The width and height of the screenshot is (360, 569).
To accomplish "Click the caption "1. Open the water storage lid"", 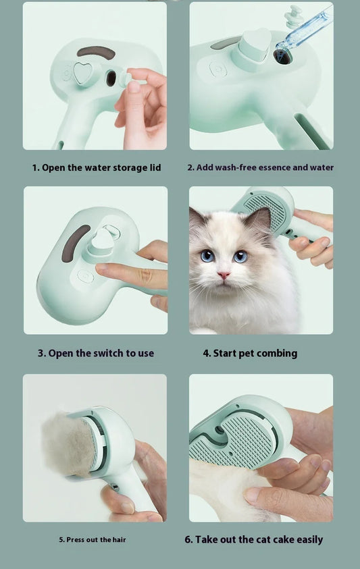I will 96,167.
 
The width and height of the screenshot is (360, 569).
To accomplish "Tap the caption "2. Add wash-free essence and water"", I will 260,167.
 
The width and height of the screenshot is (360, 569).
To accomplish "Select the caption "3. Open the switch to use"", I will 96,353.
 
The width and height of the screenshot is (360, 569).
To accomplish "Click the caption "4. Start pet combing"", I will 250,353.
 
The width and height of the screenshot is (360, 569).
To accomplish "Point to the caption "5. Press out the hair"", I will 92,539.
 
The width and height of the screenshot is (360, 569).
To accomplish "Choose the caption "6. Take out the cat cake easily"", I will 253,539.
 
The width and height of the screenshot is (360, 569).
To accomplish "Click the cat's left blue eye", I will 207,256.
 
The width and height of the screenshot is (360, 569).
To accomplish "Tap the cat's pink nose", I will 223,275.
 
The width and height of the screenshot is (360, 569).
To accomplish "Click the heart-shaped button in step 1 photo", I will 82,74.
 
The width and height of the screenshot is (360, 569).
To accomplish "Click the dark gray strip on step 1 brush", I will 96,52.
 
